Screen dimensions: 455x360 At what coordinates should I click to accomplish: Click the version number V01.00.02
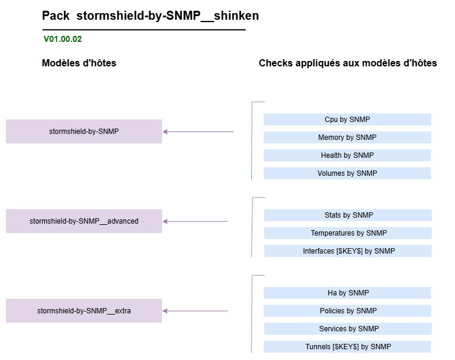pyautogui.click(x=63, y=39)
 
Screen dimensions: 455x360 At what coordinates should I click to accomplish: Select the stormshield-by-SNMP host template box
pyautogui.click(x=84, y=131)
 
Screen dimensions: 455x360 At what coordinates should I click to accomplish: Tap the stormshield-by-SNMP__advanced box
pyautogui.click(x=84, y=221)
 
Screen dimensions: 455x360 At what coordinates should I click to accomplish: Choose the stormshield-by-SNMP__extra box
pyautogui.click(x=84, y=310)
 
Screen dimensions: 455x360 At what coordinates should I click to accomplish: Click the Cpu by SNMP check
pyautogui.click(x=347, y=120)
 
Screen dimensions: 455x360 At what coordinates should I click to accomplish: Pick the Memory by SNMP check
pyautogui.click(x=347, y=138)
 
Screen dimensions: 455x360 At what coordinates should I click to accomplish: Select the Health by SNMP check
pyautogui.click(x=347, y=155)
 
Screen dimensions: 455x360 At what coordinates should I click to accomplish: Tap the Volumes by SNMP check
pyautogui.click(x=347, y=173)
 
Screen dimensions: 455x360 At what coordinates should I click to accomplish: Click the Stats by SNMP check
pyautogui.click(x=348, y=215)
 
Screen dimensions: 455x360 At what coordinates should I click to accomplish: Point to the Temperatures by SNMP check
pyautogui.click(x=348, y=233)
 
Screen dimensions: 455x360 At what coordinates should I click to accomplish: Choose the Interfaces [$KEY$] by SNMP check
pyautogui.click(x=348, y=251)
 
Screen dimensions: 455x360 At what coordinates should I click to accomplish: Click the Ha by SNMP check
pyautogui.click(x=347, y=293)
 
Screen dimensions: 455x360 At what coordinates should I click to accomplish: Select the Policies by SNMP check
pyautogui.click(x=347, y=311)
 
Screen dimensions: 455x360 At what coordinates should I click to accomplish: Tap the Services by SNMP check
pyautogui.click(x=348, y=329)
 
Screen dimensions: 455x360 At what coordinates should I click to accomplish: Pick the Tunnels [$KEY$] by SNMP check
pyautogui.click(x=347, y=347)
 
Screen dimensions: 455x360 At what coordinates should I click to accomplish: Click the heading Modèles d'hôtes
pyautogui.click(x=79, y=63)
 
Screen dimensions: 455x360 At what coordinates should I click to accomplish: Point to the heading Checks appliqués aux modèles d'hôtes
pyautogui.click(x=347, y=63)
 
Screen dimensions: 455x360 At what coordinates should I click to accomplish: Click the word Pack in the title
pyautogui.click(x=56, y=16)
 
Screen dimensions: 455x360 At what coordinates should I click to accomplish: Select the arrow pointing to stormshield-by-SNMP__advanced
pyautogui.click(x=196, y=221)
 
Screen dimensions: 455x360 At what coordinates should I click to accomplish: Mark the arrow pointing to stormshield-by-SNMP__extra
pyautogui.click(x=196, y=311)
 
